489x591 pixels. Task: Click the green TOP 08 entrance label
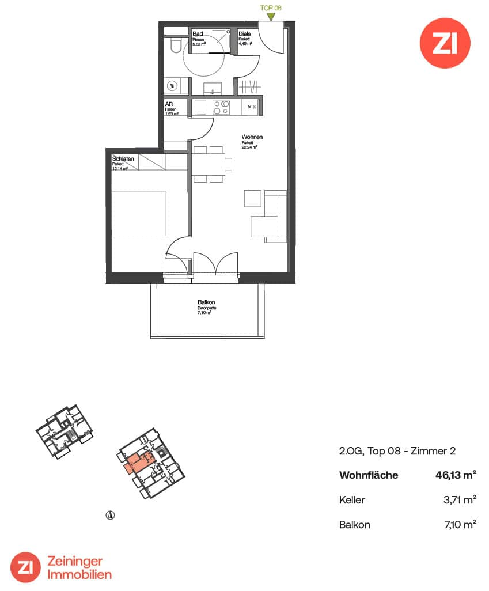click(x=271, y=8)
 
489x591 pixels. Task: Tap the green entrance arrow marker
click(x=271, y=17)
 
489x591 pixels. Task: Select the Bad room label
click(x=197, y=34)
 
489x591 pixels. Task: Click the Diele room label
click(x=245, y=34)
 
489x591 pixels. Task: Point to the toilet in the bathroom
click(x=175, y=45)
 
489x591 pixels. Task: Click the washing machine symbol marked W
click(x=172, y=86)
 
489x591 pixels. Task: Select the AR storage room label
click(x=169, y=104)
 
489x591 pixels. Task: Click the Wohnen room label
click(x=252, y=137)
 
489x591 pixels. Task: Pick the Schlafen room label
click(x=124, y=159)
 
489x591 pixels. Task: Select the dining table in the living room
click(x=210, y=165)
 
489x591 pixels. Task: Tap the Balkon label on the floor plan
click(x=206, y=302)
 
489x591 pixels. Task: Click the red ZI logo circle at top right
click(x=444, y=43)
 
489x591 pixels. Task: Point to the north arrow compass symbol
click(x=110, y=514)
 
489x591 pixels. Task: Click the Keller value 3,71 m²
click(x=458, y=500)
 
